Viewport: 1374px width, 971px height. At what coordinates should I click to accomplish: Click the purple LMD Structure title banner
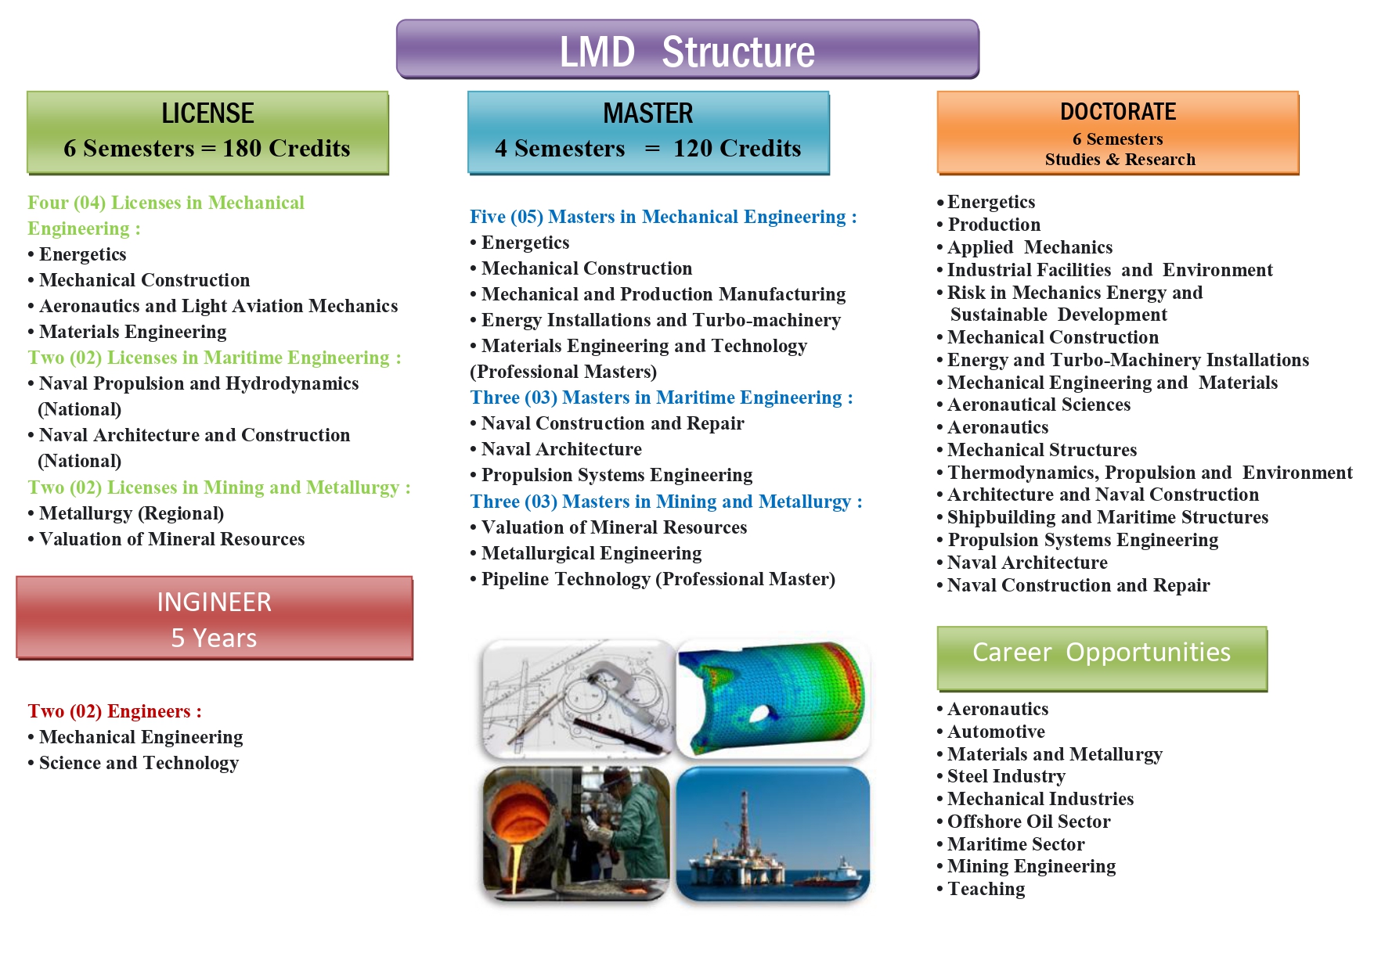[687, 49]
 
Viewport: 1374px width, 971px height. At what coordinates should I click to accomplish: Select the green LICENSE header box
[207, 132]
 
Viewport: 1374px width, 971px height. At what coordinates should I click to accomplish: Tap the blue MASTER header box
[648, 132]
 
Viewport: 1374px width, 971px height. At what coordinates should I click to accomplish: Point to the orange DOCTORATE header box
[1118, 132]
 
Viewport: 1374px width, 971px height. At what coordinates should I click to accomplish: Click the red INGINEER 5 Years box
[215, 618]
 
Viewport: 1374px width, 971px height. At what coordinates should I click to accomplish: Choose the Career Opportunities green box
[1102, 658]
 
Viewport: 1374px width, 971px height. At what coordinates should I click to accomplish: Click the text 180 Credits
[287, 149]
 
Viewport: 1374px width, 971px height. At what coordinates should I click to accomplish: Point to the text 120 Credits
[737, 149]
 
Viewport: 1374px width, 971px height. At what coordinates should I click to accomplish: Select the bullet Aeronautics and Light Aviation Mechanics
[213, 306]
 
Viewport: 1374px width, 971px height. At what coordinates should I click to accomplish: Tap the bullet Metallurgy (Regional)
[126, 513]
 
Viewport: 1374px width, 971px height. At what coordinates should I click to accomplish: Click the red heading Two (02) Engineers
[114, 711]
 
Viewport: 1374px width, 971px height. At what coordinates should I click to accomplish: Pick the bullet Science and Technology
[133, 763]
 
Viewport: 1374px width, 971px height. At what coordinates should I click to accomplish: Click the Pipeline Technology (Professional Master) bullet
[653, 579]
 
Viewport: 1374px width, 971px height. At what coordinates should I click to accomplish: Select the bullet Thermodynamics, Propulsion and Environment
[1145, 473]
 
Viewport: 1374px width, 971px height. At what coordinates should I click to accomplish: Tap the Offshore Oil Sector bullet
[1023, 822]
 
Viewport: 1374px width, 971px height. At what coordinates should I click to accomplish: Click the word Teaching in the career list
[986, 889]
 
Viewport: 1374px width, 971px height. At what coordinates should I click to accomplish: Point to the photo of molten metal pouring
[576, 833]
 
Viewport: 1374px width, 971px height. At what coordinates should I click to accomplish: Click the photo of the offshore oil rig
[773, 833]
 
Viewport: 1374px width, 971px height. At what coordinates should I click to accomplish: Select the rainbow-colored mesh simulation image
[773, 699]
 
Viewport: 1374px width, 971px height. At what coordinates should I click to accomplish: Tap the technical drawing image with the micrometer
[578, 699]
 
